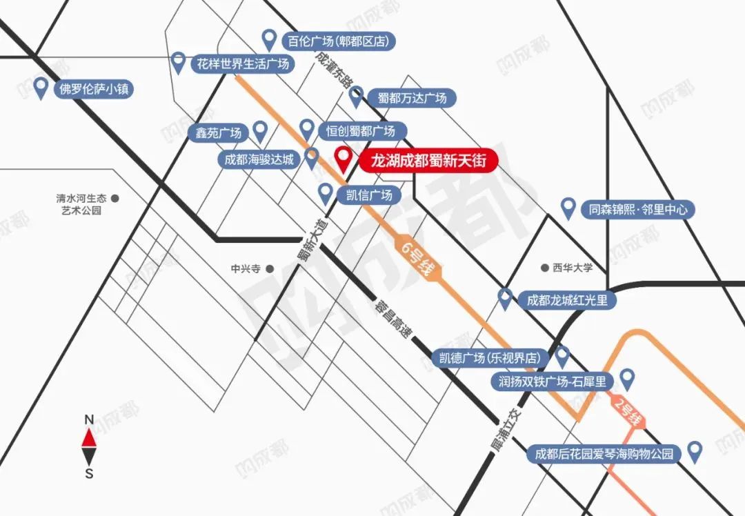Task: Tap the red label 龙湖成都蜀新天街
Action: [423, 161]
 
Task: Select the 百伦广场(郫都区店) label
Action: [339, 41]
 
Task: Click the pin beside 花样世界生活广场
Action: [179, 63]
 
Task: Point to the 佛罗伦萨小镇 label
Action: [95, 89]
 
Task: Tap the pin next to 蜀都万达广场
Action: [356, 96]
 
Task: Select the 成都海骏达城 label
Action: [259, 160]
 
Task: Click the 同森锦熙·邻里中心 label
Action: [638, 209]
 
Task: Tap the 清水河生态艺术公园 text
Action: [81, 204]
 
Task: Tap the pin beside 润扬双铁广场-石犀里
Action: [627, 378]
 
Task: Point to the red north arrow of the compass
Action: [89, 437]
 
